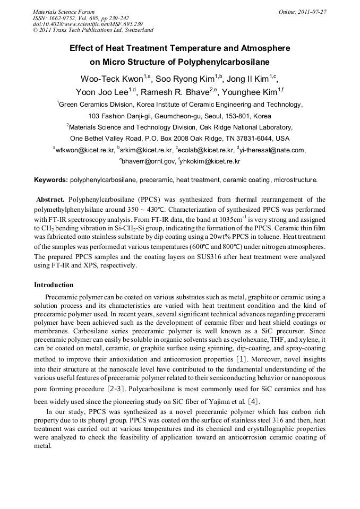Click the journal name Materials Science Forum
(x=64, y=11)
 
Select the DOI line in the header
(x=88, y=24)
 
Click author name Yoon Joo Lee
(x=109, y=92)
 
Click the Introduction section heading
(x=54, y=284)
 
